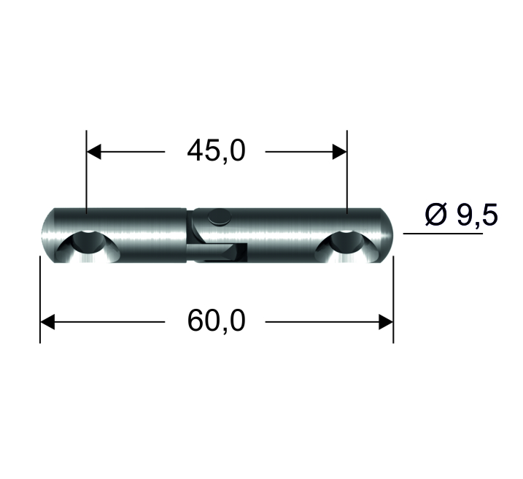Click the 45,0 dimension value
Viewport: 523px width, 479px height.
(216, 151)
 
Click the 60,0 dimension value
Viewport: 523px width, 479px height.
(216, 321)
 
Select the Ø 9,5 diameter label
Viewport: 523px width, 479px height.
(461, 215)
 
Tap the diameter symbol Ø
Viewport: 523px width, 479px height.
(435, 215)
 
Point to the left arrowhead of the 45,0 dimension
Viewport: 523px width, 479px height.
(93, 152)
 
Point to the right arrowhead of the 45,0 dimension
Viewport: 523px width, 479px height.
(340, 152)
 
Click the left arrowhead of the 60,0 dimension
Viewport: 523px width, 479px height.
(47, 322)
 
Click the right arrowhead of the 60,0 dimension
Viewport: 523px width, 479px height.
(386, 322)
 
